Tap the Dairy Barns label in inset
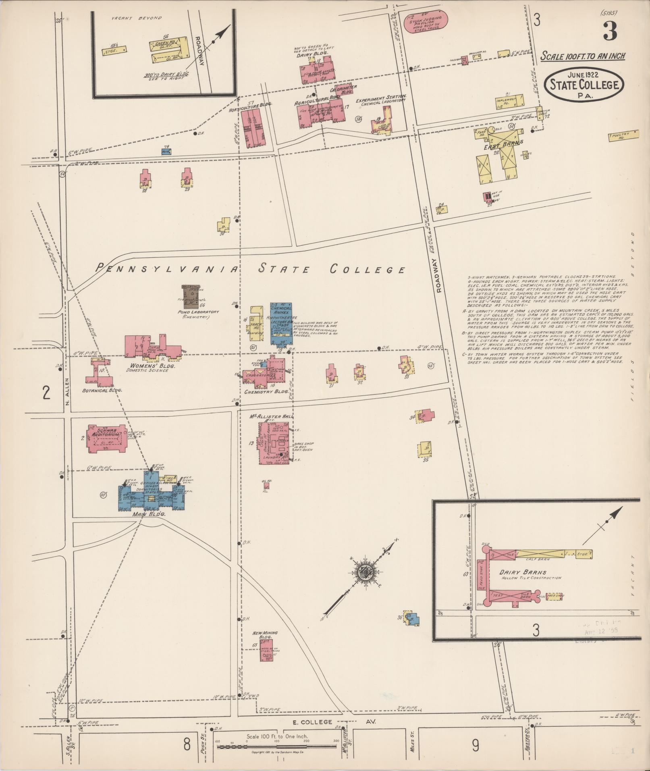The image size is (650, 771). click(523, 572)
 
